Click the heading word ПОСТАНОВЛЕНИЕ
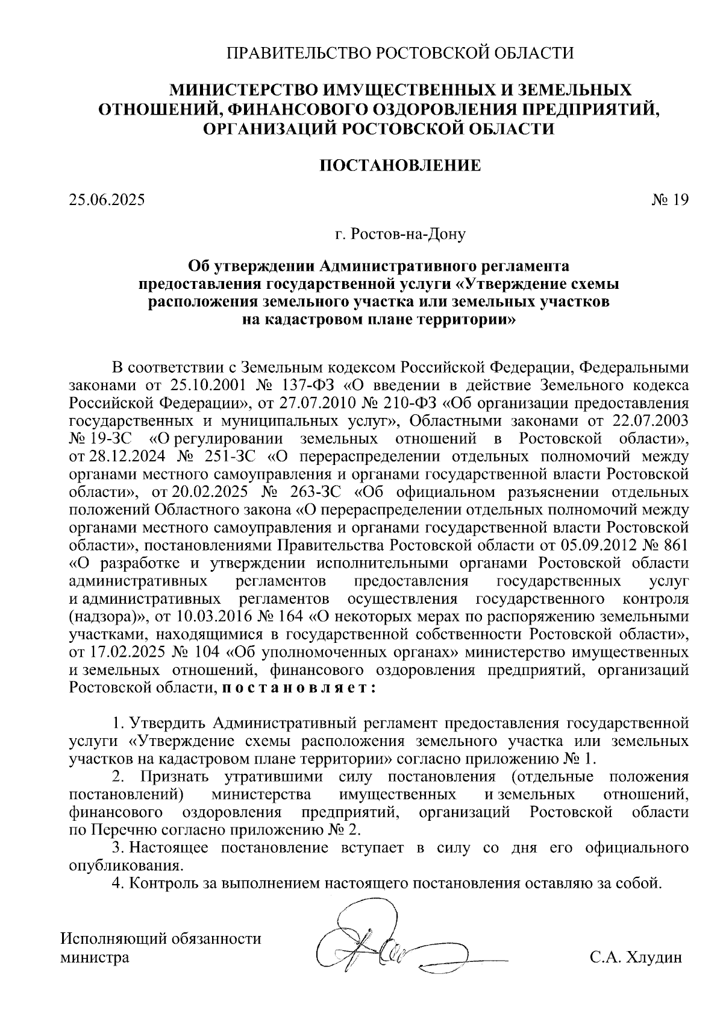[399, 165]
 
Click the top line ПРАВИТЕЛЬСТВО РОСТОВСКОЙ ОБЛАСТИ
[399, 53]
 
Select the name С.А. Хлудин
[636, 957]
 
